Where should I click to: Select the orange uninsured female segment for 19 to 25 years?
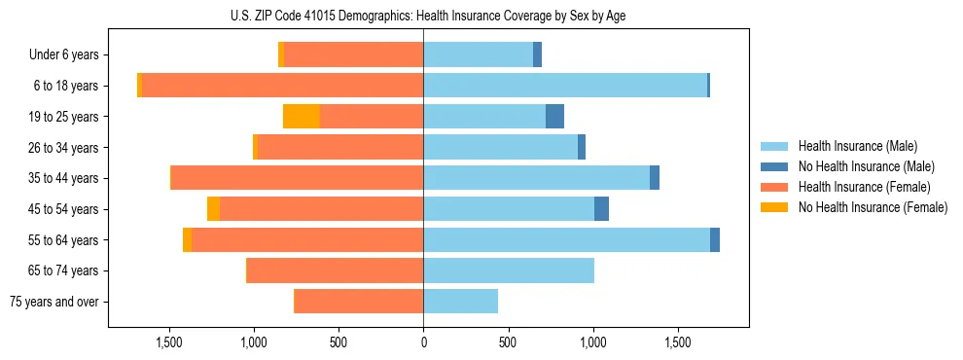point(302,117)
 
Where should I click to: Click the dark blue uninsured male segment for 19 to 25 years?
point(554,117)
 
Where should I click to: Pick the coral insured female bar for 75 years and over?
point(358,302)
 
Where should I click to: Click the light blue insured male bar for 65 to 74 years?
point(508,270)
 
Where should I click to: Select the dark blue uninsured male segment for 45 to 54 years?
point(601,209)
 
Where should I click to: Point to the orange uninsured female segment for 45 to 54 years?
point(213,209)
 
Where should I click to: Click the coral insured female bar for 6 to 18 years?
point(282,86)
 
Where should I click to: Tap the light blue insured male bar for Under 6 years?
point(478,54)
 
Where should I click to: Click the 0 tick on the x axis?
point(423,342)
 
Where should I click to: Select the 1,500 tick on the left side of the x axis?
point(169,342)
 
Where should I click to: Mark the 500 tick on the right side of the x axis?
point(508,342)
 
